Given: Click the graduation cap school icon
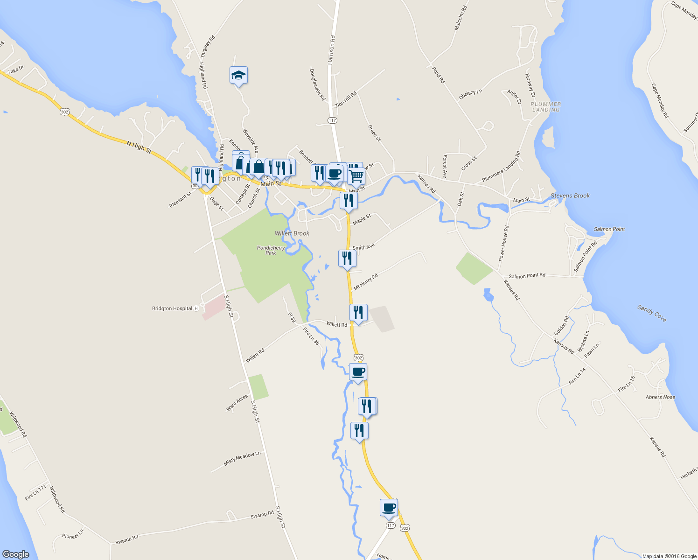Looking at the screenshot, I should pos(238,75).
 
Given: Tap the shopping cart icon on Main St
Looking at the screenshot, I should pos(356,176).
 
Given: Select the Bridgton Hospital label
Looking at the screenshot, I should pos(172,308).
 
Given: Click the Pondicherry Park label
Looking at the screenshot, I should pos(271,250).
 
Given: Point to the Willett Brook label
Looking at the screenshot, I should pos(292,233).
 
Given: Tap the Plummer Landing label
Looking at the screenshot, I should pos(546,107).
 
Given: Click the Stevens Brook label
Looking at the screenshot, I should pos(570,196).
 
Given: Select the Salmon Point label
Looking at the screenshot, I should pos(609,229).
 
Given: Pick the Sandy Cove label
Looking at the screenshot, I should pos(652,313).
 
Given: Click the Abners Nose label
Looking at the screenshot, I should pos(660,397).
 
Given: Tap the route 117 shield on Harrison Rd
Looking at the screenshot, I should pos(332,120).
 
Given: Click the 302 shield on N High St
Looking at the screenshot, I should pos(64,112).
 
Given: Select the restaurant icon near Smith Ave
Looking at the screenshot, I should pos(347,258).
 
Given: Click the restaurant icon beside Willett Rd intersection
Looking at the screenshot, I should pos(358,312).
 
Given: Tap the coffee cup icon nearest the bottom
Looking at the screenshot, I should pos(389,508).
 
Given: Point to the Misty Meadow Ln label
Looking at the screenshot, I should pos(242,459).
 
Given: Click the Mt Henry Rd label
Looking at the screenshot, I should pos(365,282).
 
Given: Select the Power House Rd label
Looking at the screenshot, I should pos(503,243).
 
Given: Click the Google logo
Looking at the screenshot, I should pos(16,554).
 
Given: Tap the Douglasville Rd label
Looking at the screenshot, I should pos(317,84).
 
